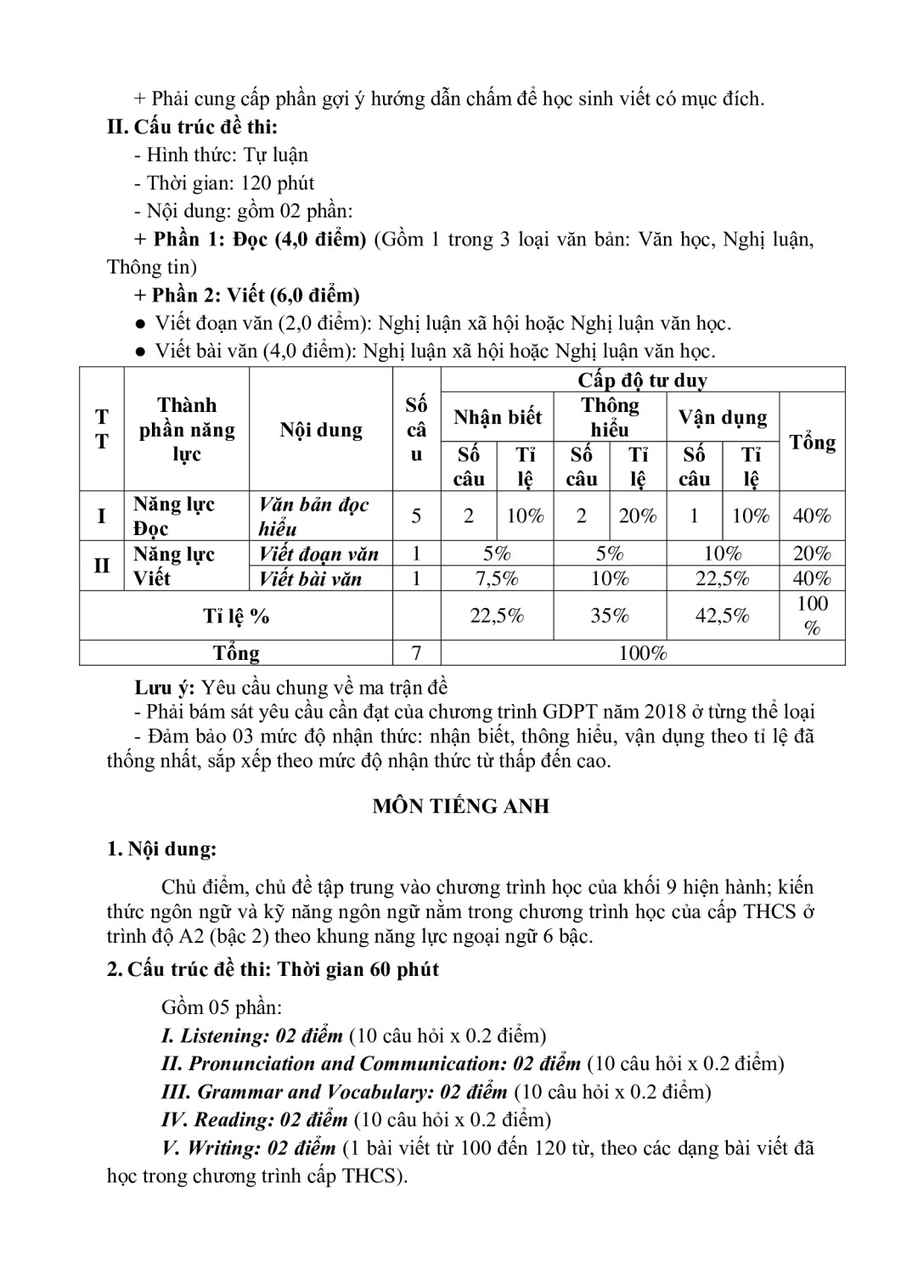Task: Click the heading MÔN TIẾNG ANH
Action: coord(460,806)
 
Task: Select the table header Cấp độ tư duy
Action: coord(642,380)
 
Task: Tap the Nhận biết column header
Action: coord(497,417)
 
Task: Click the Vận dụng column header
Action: coord(722,417)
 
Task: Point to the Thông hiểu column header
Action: coord(610,417)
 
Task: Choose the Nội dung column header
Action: coord(320,430)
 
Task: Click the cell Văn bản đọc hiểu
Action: coord(314,516)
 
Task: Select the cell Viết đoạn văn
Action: coord(318,555)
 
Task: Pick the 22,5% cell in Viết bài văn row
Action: coord(722,579)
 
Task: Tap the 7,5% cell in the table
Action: coord(497,579)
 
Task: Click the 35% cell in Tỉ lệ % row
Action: coord(610,616)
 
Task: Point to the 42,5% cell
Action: coord(722,616)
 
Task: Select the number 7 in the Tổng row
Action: coord(416,652)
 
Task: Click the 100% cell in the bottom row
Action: coord(643,652)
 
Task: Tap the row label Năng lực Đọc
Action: coord(174,516)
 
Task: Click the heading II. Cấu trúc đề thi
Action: coord(193,127)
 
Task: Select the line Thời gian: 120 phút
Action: coord(230,183)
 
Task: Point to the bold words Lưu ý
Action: coord(165,687)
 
